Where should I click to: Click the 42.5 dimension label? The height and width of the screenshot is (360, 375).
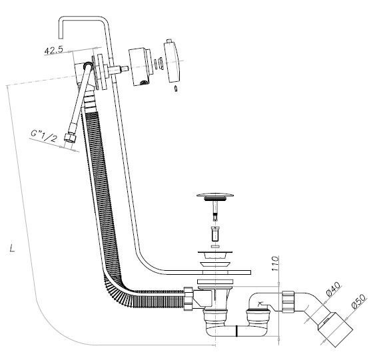tap(54, 51)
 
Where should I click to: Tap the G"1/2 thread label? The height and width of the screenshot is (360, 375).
tap(44, 136)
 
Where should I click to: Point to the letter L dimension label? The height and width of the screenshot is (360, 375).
tap(12, 248)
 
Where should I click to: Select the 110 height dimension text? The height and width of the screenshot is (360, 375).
tap(276, 264)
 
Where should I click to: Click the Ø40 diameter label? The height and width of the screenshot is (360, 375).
tap(332, 289)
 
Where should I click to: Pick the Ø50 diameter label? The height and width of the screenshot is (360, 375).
tap(358, 301)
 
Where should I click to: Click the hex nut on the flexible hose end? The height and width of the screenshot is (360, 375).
tap(69, 138)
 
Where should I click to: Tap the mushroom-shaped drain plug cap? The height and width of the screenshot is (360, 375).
tap(215, 195)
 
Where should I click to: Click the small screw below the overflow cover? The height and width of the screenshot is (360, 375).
tap(177, 89)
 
